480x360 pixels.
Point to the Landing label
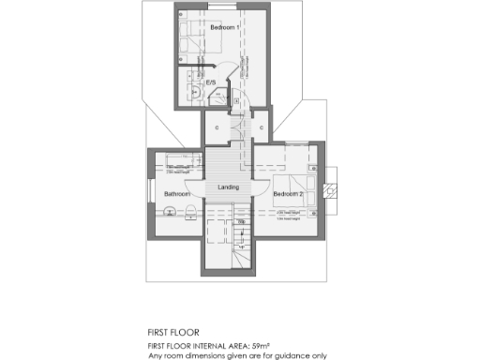(229, 187)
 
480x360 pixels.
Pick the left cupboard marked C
(217, 127)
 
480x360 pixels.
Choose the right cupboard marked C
(260, 127)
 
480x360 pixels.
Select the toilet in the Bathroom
(191, 209)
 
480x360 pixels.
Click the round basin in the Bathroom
(171, 212)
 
